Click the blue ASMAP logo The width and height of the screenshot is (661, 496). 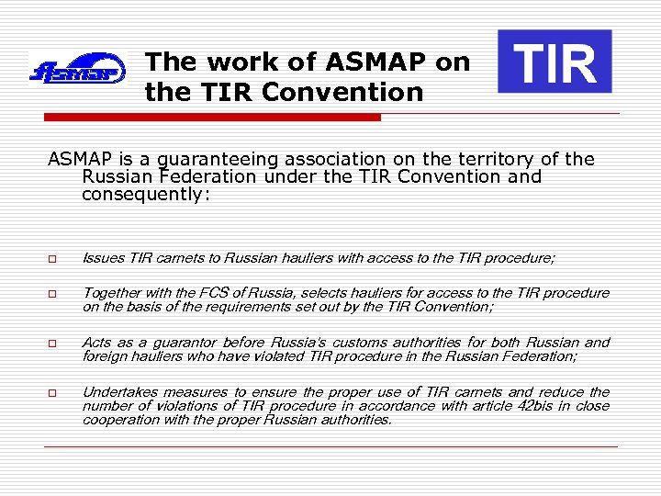click(x=77, y=69)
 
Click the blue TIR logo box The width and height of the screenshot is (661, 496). click(x=555, y=62)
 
